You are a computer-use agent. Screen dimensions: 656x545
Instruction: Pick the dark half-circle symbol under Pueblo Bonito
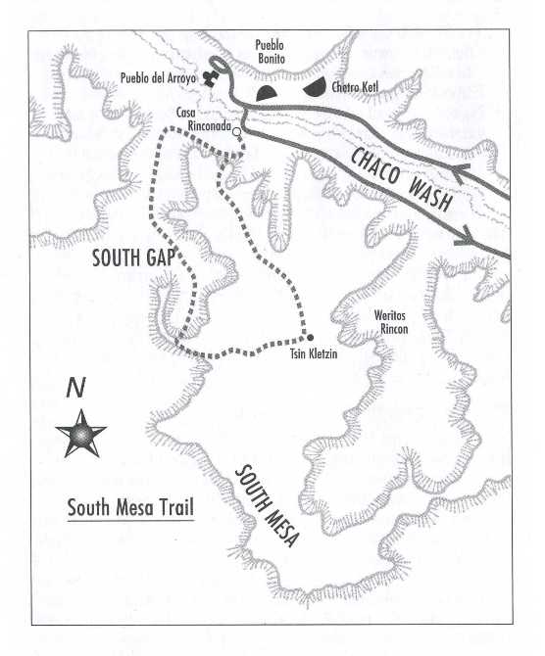[268, 92]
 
